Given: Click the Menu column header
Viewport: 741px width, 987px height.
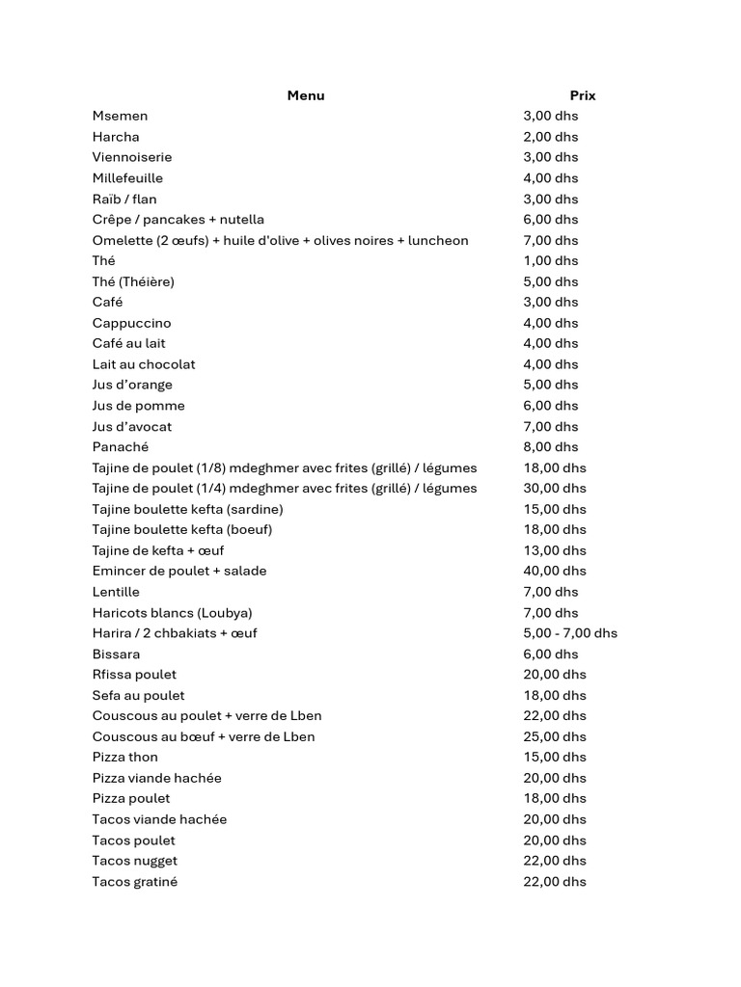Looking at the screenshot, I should (x=306, y=95).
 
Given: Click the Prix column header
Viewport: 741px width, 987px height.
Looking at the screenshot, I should (x=583, y=95).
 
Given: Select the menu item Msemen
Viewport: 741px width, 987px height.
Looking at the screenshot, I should (x=120, y=116).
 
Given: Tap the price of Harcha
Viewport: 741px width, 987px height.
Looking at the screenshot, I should (x=550, y=137).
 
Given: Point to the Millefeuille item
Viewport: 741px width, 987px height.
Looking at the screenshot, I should (x=127, y=178).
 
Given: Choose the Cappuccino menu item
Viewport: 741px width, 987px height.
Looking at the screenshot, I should (x=131, y=323).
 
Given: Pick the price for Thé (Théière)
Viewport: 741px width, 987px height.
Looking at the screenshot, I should (x=550, y=281).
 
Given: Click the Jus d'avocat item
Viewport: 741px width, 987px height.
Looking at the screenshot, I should (x=132, y=426).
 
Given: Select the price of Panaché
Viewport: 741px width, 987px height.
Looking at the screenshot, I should (x=550, y=447).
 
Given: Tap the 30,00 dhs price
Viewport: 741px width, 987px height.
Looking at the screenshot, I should (x=554, y=489).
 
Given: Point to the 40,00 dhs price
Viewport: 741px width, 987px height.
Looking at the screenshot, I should (x=554, y=572).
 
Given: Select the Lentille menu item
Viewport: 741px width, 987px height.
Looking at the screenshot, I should (x=116, y=592).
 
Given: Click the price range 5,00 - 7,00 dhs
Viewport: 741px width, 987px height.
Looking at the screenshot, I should (x=569, y=633).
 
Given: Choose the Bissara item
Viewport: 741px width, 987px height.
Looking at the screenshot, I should (x=116, y=654).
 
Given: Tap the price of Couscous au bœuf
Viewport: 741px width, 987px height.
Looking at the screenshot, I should (x=554, y=737).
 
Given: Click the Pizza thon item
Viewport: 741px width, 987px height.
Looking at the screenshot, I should (x=124, y=758).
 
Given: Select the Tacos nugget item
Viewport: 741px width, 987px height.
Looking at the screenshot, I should (x=134, y=861).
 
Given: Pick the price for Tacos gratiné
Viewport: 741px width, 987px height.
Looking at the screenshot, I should (x=554, y=882).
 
